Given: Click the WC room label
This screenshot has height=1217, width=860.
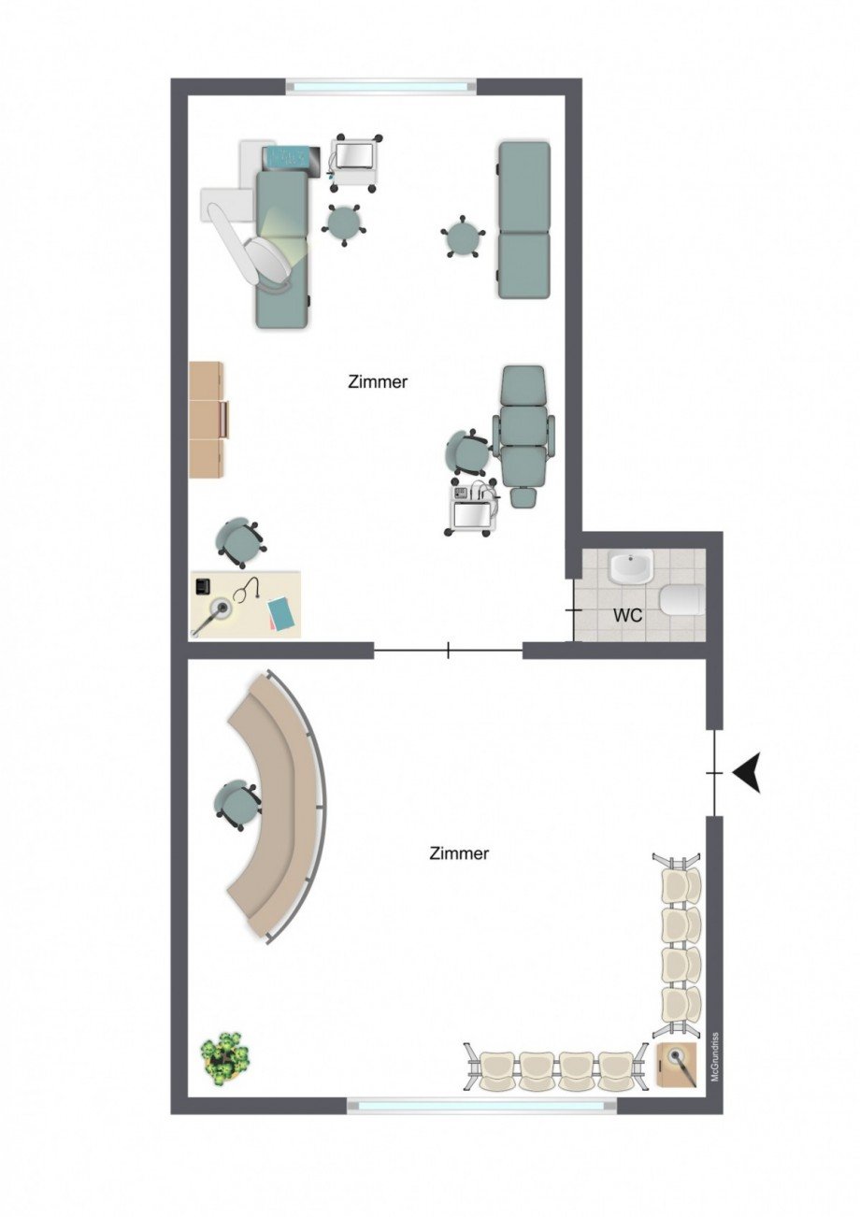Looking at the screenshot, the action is pyautogui.click(x=627, y=615).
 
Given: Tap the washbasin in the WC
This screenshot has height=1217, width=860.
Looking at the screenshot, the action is pyautogui.click(x=630, y=566).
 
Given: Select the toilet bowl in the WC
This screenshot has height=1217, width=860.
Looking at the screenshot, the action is pyautogui.click(x=682, y=600).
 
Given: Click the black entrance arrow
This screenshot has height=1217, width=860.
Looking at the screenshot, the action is pyautogui.click(x=747, y=773).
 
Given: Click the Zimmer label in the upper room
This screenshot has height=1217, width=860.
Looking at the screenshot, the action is pyautogui.click(x=378, y=382).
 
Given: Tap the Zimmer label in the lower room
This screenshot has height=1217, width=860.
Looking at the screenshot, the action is pyautogui.click(x=459, y=853).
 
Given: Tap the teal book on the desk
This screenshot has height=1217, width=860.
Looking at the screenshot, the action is pyautogui.click(x=282, y=613).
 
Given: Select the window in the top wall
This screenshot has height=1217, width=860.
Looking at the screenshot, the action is pyautogui.click(x=381, y=86).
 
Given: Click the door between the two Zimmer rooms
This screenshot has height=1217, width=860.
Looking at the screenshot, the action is pyautogui.click(x=448, y=651).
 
